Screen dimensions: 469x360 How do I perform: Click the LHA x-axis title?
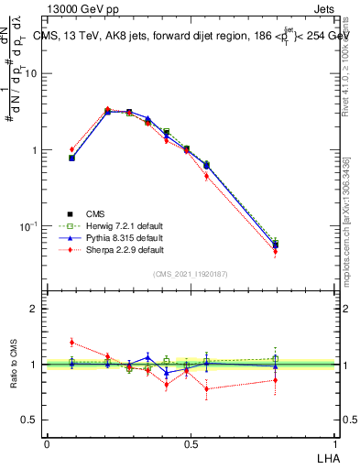326,456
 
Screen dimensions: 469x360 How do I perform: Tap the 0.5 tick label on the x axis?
191,443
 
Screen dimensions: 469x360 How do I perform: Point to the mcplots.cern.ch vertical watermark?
345,229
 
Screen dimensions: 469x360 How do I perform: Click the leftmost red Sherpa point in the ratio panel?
72,343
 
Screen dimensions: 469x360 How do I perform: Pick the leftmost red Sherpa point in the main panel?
72,149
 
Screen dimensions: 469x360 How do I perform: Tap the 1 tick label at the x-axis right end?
333,443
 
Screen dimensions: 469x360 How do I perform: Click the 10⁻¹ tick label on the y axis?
28,225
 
